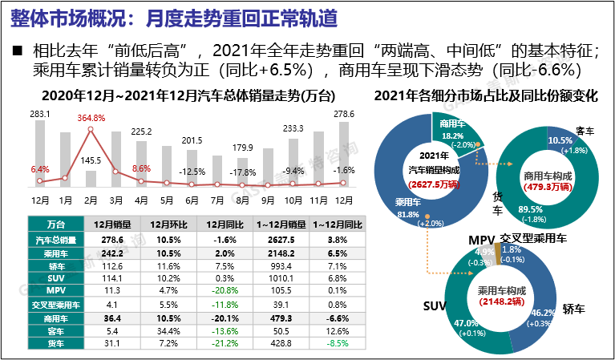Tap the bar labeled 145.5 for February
[91, 178]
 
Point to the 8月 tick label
[242, 200]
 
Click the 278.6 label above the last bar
[344, 114]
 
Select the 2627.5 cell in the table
[277, 239]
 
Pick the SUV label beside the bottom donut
[434, 307]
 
